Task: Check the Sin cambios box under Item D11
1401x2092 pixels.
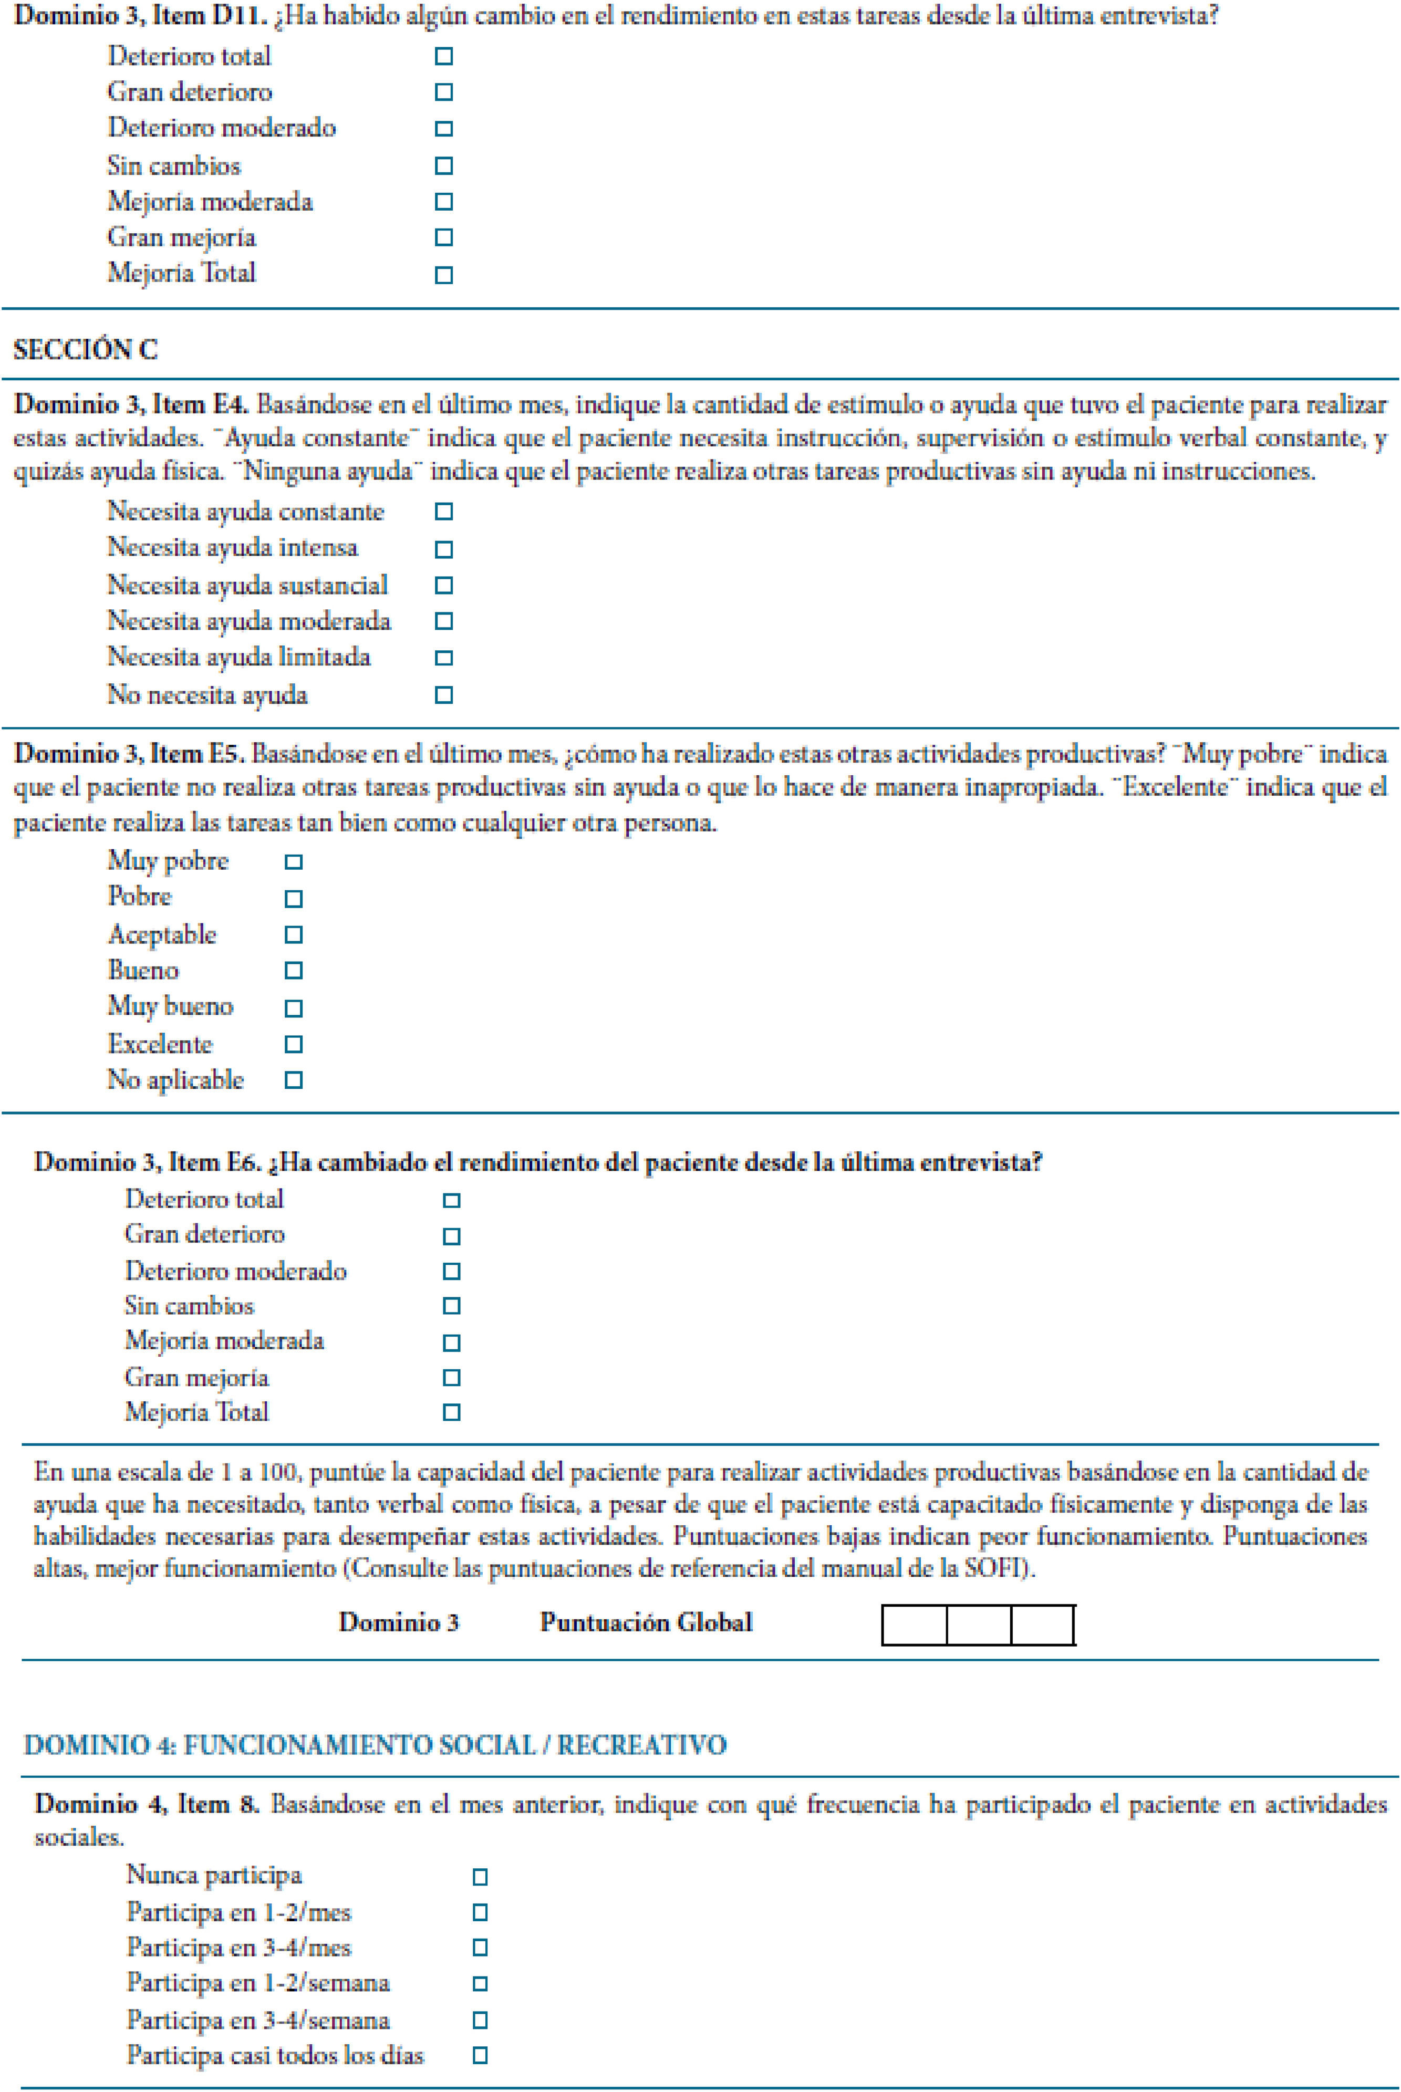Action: tap(443, 166)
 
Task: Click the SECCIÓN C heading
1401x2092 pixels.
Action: tap(86, 349)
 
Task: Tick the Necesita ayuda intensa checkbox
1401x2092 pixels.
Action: tap(443, 549)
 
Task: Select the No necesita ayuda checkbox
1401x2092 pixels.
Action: tap(443, 695)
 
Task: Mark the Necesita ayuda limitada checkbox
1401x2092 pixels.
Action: tap(443, 658)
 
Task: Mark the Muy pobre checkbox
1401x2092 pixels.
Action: tap(293, 862)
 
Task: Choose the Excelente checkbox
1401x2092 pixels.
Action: tap(293, 1044)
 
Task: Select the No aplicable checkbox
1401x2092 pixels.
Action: tap(293, 1080)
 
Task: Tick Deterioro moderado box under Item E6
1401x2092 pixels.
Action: tap(451, 1271)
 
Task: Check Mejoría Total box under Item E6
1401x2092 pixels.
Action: tap(451, 1412)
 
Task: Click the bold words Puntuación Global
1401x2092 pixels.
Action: tap(646, 1623)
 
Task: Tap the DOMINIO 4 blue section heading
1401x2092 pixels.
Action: tap(375, 1744)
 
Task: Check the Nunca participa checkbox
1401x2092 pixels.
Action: tap(480, 1877)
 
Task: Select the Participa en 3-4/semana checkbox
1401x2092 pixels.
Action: tap(480, 2020)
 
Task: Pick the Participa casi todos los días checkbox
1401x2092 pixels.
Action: tap(480, 2055)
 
